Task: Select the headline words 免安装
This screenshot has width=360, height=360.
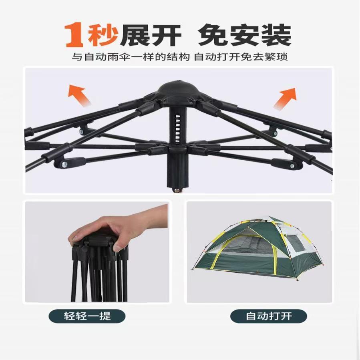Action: tap(244, 35)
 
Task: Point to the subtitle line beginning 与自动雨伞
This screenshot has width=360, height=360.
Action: tap(180, 57)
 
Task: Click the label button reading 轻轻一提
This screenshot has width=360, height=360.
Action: tap(87, 316)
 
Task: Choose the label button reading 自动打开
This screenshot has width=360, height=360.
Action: tap(268, 316)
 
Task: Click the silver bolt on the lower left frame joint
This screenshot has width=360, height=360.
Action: tap(63, 164)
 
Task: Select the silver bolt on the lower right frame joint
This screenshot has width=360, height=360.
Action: tap(292, 165)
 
